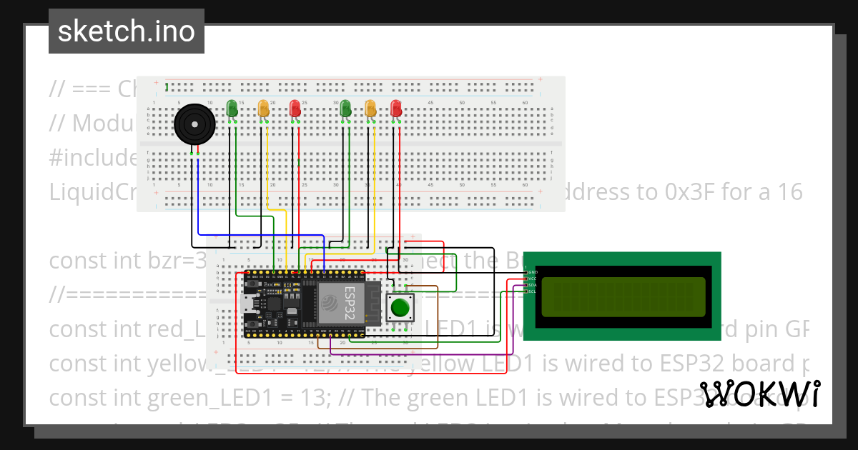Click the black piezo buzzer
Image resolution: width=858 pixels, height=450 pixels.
tap(195, 125)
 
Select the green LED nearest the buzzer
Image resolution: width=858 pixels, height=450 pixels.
tap(232, 109)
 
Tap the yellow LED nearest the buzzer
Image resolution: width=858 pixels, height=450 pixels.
tap(263, 109)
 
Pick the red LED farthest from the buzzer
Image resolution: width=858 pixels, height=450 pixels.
tap(396, 109)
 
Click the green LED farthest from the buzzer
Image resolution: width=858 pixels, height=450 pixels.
tap(346, 109)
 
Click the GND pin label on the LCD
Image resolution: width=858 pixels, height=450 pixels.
tap(532, 272)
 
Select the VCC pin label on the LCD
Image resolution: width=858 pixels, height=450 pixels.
tap(532, 279)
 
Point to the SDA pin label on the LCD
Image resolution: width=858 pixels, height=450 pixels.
tap(532, 285)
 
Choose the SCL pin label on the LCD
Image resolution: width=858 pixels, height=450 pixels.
tap(532, 291)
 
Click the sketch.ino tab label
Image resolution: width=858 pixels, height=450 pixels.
tap(126, 31)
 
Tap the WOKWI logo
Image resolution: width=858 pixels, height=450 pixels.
tap(759, 394)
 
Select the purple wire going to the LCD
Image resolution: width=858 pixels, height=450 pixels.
tap(429, 353)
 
